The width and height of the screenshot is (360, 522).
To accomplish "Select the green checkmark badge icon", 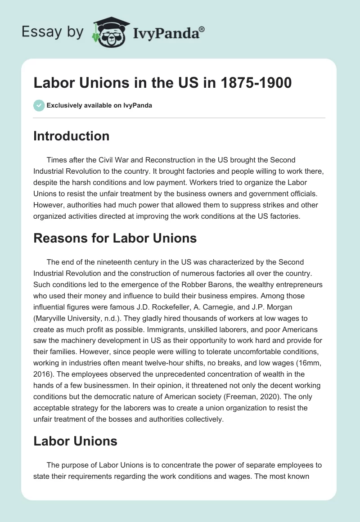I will [38, 105].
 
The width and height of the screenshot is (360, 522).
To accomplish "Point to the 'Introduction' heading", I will [71, 136].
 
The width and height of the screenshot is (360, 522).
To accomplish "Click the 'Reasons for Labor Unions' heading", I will [115, 238].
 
